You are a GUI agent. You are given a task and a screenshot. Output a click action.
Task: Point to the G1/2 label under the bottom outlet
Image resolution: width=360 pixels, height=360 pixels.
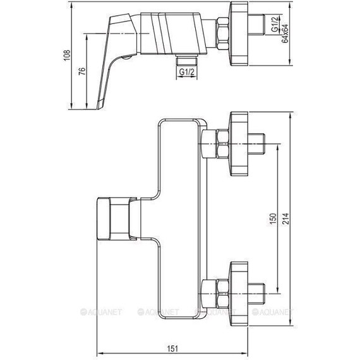[x=187, y=73]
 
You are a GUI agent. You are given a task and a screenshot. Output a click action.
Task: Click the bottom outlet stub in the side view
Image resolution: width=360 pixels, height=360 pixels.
[x=187, y=60]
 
